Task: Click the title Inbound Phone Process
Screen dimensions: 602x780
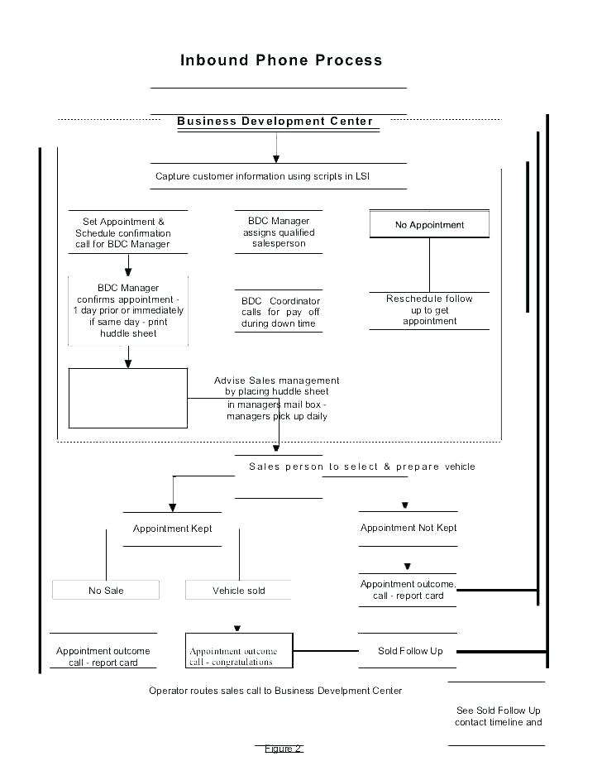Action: [281, 60]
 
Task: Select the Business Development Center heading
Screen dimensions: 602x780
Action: [275, 122]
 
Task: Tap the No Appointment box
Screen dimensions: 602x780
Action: [429, 224]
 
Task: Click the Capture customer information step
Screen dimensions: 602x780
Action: [262, 176]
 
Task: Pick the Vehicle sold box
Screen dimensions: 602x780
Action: [239, 591]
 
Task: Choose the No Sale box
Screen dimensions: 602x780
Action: [106, 591]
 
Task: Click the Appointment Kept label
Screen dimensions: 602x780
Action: [173, 529]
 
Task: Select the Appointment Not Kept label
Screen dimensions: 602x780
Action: [408, 528]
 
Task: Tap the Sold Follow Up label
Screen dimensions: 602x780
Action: [410, 651]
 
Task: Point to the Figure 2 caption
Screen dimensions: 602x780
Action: [283, 749]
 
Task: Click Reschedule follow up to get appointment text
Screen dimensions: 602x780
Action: [429, 310]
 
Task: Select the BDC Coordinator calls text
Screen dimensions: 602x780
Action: [280, 313]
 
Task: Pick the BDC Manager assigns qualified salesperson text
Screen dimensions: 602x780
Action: [279, 232]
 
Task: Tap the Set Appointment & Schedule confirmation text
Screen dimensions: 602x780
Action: [123, 232]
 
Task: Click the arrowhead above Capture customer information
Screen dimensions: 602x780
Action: [276, 159]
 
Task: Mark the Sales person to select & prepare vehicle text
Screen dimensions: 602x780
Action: [362, 467]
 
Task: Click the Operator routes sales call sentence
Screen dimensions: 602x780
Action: [275, 691]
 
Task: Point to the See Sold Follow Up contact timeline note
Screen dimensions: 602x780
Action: [498, 716]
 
